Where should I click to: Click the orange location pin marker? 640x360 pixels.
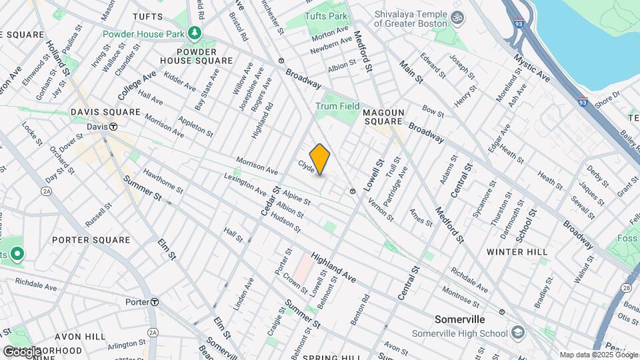(x=320, y=159)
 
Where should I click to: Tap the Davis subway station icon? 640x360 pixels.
(x=113, y=126)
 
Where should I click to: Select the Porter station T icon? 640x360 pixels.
(x=154, y=302)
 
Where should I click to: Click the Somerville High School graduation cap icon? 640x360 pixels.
(x=517, y=333)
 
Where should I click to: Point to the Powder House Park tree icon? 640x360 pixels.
(x=194, y=32)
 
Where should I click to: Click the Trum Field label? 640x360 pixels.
(x=337, y=106)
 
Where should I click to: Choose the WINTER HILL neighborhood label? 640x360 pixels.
(x=517, y=251)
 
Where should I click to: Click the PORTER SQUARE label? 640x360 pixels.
(x=91, y=240)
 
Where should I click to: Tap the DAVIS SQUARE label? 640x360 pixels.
(x=105, y=112)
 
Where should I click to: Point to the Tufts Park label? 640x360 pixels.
(x=326, y=16)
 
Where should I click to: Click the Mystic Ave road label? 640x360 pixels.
(x=531, y=69)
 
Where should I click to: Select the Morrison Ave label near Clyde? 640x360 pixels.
(x=257, y=167)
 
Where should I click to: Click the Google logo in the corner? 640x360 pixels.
(x=21, y=351)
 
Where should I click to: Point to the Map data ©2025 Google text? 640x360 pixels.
(x=598, y=355)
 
